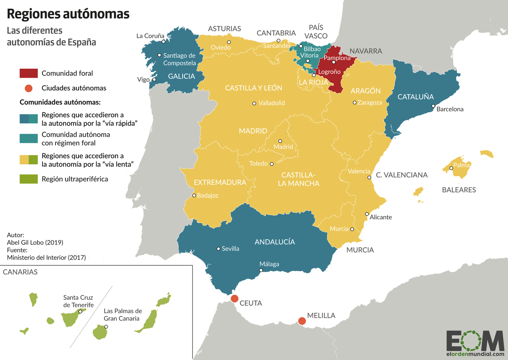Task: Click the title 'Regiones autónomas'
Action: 68,14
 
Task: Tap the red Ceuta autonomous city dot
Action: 234,299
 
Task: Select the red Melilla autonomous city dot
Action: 302,321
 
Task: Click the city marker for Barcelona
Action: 433,106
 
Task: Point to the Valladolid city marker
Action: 254,104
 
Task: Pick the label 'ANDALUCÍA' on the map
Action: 274,242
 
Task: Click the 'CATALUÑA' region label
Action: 415,97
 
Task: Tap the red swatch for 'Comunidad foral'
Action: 29,73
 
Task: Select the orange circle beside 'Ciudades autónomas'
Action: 29,88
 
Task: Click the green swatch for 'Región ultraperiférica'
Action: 29,179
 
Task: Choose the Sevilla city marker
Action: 218,249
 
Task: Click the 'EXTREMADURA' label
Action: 220,182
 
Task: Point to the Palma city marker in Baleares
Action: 451,168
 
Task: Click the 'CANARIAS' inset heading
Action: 20,272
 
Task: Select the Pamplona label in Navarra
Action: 337,58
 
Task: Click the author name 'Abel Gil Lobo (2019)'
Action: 35,242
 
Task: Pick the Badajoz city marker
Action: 194,195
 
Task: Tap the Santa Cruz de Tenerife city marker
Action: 80,312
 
